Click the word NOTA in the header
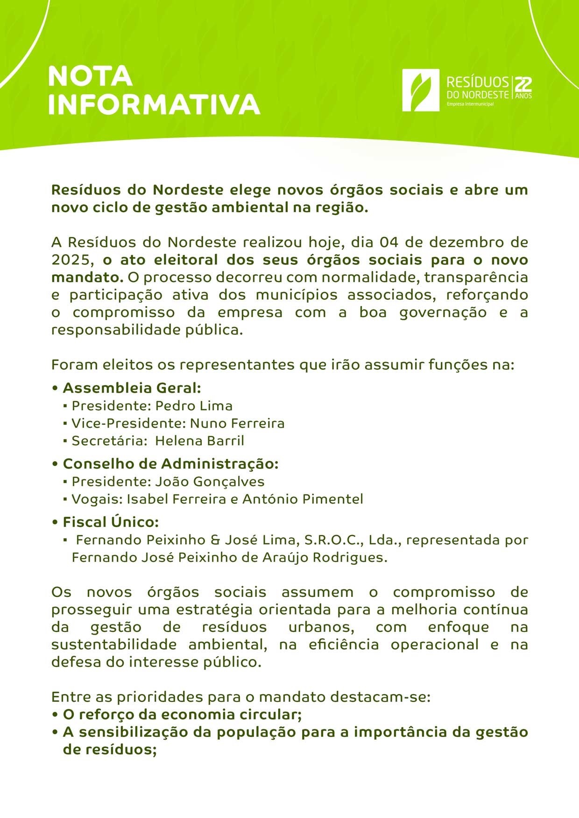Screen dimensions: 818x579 (x=90, y=76)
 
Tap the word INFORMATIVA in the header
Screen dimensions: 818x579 (x=154, y=104)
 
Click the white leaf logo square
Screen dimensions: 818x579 (x=421, y=90)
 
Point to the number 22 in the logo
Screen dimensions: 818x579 (x=523, y=84)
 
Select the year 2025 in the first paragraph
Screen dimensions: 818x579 (x=69, y=260)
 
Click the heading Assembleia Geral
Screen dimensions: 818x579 (x=132, y=388)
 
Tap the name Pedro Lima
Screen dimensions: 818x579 (x=194, y=406)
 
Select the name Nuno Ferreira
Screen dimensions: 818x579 (x=237, y=423)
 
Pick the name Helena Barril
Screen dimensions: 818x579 (x=199, y=441)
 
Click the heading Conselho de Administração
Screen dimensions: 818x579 (x=170, y=464)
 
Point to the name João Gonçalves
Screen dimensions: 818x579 (x=210, y=482)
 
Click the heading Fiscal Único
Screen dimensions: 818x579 (x=111, y=522)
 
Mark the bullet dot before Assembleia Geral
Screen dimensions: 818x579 (x=55, y=388)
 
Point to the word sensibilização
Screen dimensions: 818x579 (x=133, y=732)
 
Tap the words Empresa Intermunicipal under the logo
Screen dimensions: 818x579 (x=470, y=104)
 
